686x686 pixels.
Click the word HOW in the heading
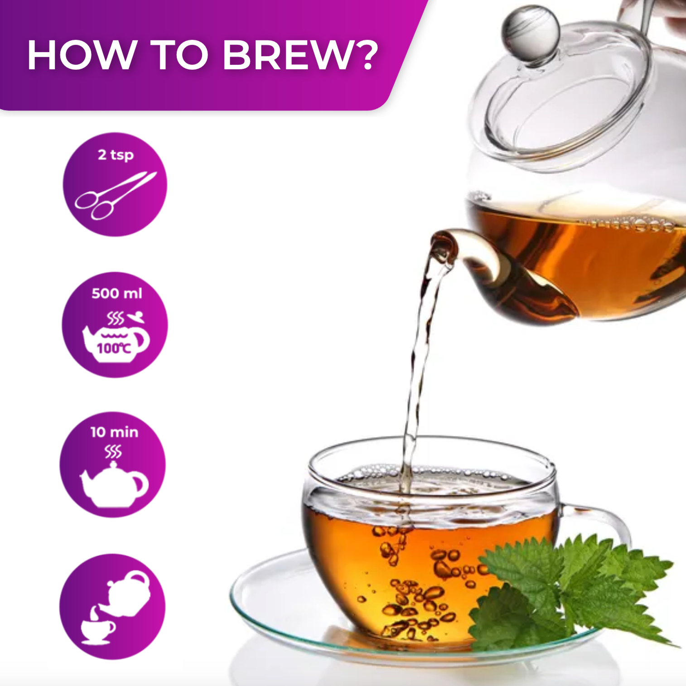click(82, 55)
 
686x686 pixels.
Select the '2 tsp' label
click(116, 155)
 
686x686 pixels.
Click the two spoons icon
click(115, 195)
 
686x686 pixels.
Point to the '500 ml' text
click(116, 294)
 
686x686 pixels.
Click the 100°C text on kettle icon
click(114, 348)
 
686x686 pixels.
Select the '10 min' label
click(114, 432)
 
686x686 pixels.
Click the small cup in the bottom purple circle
click(97, 629)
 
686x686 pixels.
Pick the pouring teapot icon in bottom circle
click(128, 591)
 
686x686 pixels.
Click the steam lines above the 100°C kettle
click(115, 319)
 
